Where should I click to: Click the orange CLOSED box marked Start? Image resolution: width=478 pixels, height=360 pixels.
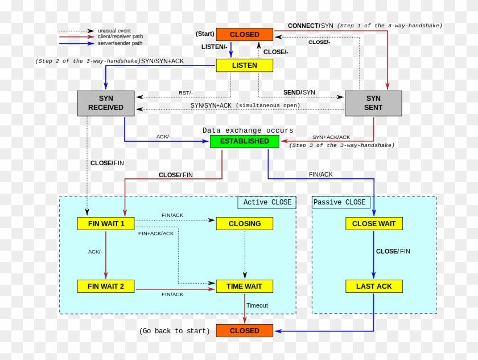[244, 35]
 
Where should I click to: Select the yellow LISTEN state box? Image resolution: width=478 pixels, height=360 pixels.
[244, 66]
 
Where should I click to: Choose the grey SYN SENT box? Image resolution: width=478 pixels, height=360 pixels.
[373, 103]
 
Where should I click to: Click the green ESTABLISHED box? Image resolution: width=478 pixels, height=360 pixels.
[244, 141]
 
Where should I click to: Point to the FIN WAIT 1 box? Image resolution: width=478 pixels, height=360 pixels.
[106, 224]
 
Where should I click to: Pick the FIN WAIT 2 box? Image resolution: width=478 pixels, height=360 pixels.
[106, 286]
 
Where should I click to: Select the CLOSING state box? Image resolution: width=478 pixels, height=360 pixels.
[244, 224]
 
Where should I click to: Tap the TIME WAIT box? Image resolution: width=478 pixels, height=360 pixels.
[244, 286]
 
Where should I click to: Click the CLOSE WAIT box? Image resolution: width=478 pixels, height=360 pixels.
[373, 224]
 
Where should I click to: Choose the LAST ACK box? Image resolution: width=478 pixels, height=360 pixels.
[373, 286]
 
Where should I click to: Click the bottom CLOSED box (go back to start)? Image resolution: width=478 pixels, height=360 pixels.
[244, 331]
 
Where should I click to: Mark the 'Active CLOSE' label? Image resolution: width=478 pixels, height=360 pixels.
[267, 202]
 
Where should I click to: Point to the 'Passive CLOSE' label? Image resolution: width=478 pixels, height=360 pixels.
[340, 202]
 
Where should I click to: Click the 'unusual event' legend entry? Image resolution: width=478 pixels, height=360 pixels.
[114, 31]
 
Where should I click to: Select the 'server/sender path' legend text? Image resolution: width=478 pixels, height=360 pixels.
[120, 43]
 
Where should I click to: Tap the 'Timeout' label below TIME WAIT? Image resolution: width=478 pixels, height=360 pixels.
[257, 305]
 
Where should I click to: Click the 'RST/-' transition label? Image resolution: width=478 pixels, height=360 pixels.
[186, 93]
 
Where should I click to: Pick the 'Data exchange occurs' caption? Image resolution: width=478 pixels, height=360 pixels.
[248, 130]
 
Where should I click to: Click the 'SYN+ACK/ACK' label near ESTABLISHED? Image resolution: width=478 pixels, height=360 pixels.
[331, 137]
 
